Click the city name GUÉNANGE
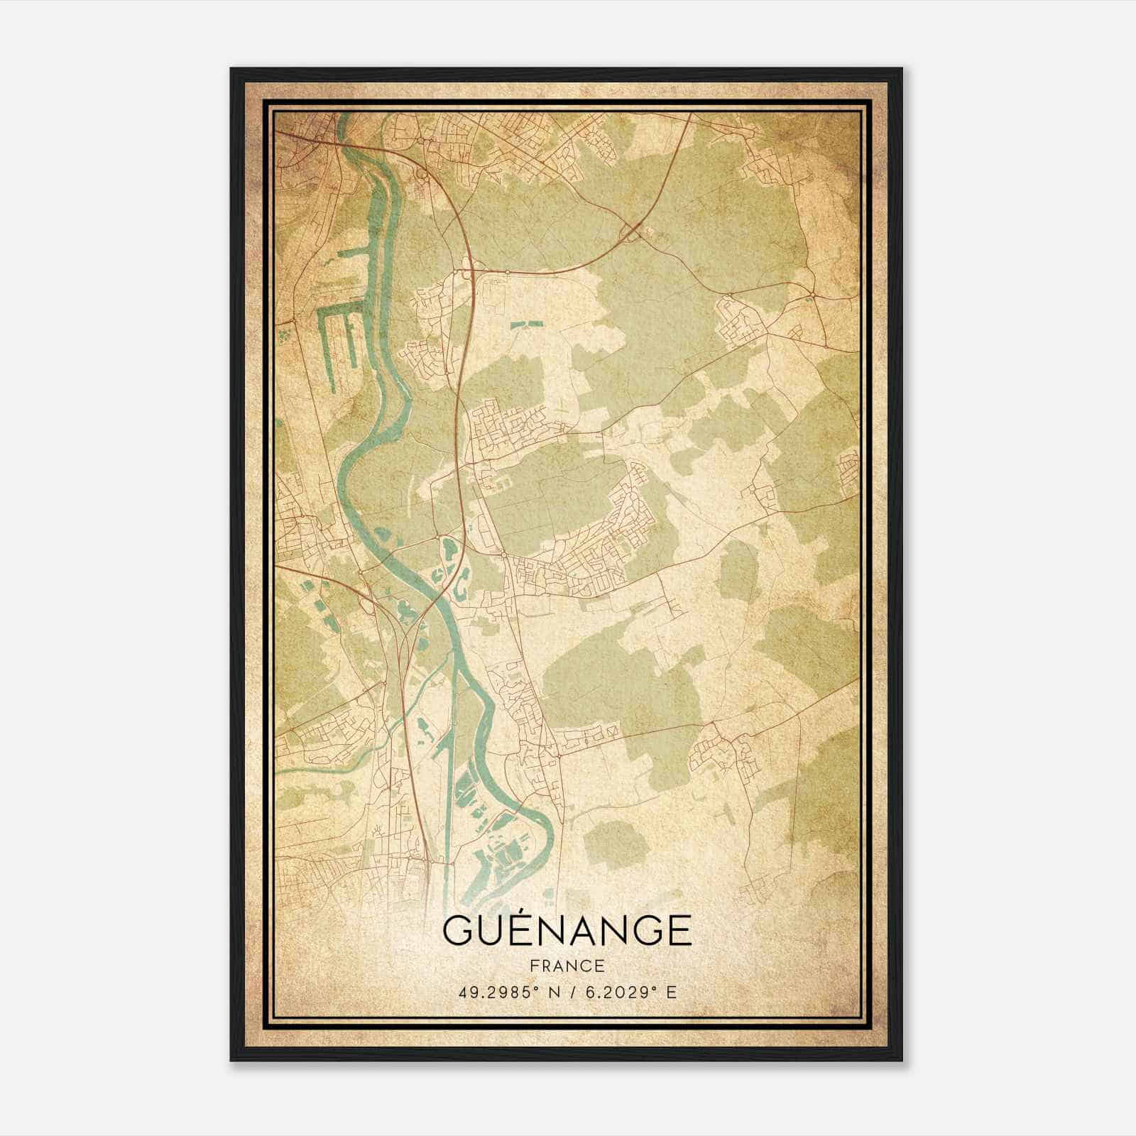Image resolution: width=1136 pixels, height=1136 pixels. tap(567, 930)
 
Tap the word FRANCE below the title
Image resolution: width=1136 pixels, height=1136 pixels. tap(567, 966)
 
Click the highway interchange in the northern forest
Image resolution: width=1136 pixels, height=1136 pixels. tap(632, 231)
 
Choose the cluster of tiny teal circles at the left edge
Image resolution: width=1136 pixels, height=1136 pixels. tap(286, 331)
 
